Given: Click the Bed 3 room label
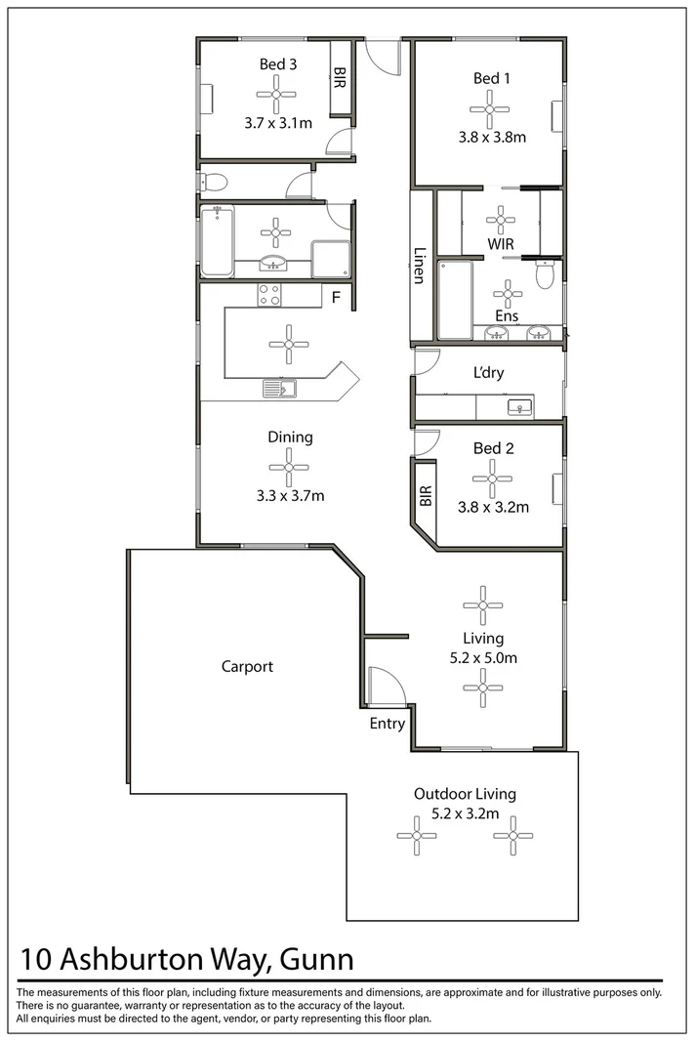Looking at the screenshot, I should pos(278,64).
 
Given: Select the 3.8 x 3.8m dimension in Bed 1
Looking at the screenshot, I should pos(492,138).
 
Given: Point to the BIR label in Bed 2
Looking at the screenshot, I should pos(425,497).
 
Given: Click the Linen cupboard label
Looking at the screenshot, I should pos(418,264).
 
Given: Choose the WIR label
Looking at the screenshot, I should pos(501,243).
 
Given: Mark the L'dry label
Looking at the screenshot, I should pos(489,373).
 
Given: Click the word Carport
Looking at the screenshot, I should pos(247,667).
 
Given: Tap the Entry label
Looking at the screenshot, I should pos(388,724).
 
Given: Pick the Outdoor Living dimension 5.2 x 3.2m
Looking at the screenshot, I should pos(466,813).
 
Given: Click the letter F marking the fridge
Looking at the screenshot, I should pos(335,297).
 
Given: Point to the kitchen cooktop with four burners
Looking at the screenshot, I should pos(269,295).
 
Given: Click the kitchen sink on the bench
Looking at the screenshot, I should pos(279,390).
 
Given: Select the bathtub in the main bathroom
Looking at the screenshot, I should pos(217,240).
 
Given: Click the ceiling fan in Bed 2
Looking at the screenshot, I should pos(492,479).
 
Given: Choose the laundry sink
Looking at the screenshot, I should pos(519,406).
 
